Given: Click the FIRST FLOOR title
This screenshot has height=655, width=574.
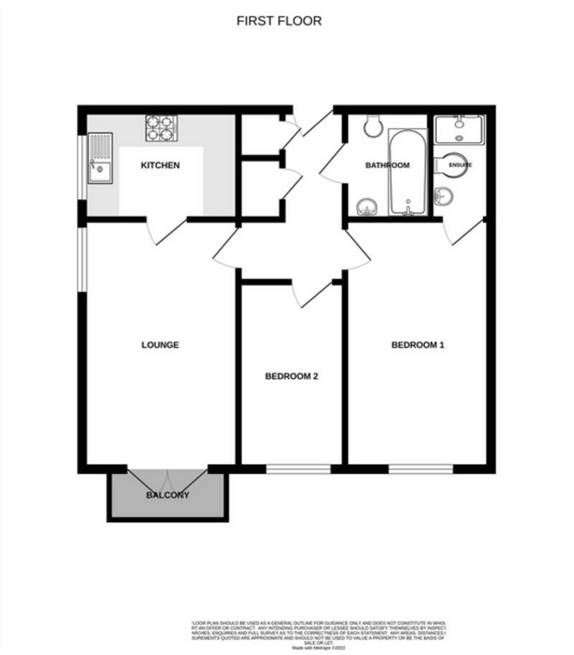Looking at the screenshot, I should (279, 21).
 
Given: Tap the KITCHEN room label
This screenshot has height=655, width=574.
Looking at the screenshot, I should (160, 166).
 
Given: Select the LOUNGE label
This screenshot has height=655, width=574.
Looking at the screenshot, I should (160, 345).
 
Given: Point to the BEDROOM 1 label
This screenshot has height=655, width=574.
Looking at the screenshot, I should (418, 345).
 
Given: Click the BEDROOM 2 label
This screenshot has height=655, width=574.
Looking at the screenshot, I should (291, 376).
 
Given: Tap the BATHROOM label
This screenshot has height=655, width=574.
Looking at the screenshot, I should (387, 165).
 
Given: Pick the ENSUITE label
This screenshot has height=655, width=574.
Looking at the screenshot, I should (461, 165).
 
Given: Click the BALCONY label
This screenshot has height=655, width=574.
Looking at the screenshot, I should (168, 495).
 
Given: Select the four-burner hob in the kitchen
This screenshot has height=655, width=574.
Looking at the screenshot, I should (161, 128).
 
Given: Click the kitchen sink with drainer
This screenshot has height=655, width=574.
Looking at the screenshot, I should (99, 158).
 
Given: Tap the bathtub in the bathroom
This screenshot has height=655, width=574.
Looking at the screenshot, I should (408, 172).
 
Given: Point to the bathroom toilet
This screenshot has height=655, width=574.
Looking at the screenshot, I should (372, 126).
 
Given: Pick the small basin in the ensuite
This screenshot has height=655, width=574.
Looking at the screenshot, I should (444, 194).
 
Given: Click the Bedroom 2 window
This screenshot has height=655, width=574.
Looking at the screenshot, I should (298, 469).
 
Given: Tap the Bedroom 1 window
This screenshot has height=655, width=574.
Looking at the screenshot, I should (421, 469).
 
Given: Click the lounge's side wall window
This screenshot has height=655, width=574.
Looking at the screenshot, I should (83, 259).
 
